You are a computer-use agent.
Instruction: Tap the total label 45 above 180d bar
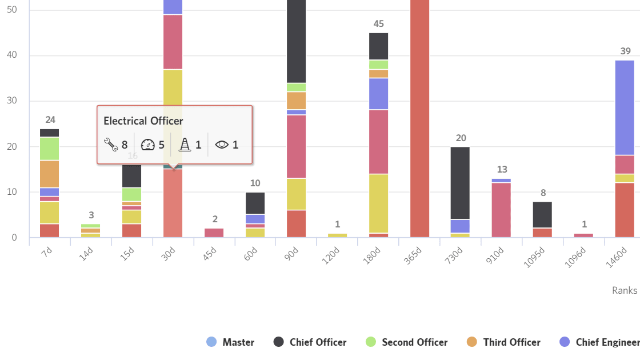click(378, 24)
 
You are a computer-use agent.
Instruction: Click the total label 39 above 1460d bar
click(625, 51)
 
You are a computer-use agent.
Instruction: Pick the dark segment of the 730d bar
click(460, 183)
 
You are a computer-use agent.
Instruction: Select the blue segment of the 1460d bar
click(625, 107)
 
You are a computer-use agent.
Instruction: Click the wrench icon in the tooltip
click(111, 145)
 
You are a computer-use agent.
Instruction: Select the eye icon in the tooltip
click(222, 145)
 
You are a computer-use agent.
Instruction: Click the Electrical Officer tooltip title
click(143, 121)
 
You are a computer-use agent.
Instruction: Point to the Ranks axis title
click(624, 290)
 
